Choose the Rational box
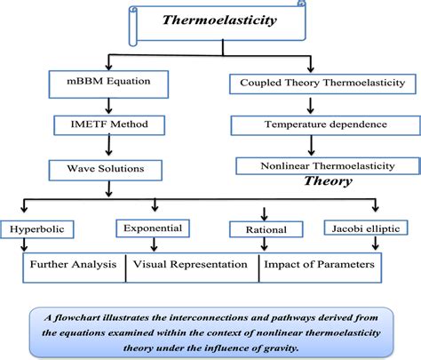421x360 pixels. pos(258,230)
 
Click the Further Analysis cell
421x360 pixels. pos(75,264)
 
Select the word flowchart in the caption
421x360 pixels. pos(84,314)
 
